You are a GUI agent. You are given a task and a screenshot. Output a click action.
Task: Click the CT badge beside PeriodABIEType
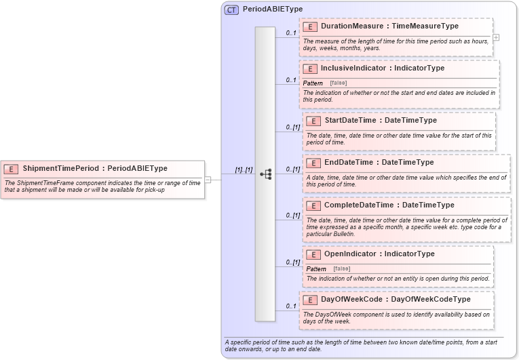(x=231, y=9)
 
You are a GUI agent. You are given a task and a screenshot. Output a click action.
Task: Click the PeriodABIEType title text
(x=273, y=9)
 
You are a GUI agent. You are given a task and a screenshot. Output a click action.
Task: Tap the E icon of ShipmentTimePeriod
(x=11, y=169)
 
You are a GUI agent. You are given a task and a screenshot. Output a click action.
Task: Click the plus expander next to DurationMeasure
(x=496, y=38)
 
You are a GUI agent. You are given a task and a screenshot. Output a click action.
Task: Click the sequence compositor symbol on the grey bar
(x=265, y=174)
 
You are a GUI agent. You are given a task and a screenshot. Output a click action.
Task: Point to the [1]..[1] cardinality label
(x=243, y=170)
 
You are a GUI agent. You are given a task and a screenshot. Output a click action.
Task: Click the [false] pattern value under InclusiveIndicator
(x=339, y=83)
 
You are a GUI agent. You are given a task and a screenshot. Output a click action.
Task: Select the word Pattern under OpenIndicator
(x=316, y=269)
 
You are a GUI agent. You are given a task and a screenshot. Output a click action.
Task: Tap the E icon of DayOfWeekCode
(x=309, y=300)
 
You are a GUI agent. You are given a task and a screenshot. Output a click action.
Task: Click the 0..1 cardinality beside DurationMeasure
(x=290, y=33)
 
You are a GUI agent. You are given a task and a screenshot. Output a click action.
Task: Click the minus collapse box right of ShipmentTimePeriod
(x=208, y=180)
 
